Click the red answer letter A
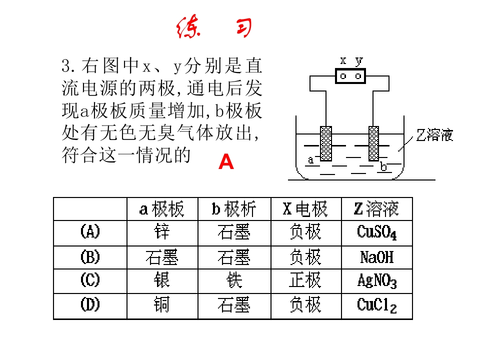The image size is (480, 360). [x=226, y=161]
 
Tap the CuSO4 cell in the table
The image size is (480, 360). [x=377, y=232]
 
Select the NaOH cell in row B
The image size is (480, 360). [x=377, y=257]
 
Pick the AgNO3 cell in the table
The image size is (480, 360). [x=377, y=281]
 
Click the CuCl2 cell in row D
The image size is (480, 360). [x=377, y=305]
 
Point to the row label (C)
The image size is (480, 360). [x=90, y=280]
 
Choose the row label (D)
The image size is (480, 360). [x=90, y=304]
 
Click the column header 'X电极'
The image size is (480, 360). [x=305, y=209]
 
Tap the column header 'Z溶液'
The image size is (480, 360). [x=376, y=209]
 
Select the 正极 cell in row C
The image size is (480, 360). [x=305, y=280]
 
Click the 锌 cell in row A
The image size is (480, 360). [x=162, y=231]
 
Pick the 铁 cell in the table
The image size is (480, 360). [x=234, y=280]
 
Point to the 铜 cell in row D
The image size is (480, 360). [x=162, y=304]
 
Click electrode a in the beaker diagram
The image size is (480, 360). [x=326, y=143]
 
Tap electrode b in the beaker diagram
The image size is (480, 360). [x=374, y=143]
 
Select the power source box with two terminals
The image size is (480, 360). [x=350, y=76]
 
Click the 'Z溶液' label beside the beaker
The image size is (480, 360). [x=434, y=135]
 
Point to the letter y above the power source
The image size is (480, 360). [x=359, y=61]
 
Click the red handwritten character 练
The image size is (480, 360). [x=188, y=27]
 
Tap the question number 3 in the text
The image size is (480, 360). [x=66, y=66]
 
